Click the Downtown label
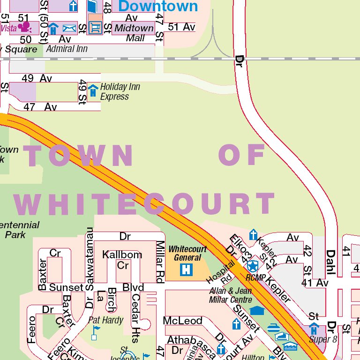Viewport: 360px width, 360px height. (x=158, y=6)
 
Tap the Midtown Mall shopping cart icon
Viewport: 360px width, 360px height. (x=95, y=29)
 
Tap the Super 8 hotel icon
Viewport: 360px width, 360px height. (x=314, y=329)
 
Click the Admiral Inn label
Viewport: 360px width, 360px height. (x=67, y=49)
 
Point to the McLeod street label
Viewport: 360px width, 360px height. (x=183, y=321)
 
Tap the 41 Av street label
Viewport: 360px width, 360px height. (x=315, y=283)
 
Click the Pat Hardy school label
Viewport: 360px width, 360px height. (x=106, y=321)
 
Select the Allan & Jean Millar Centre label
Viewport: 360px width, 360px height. (x=231, y=295)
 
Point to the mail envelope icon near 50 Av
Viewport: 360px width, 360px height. (x=69, y=29)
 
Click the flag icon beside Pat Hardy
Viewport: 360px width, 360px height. (x=96, y=332)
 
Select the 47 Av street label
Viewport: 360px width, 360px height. (x=40, y=107)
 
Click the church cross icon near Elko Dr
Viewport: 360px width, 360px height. (x=253, y=234)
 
